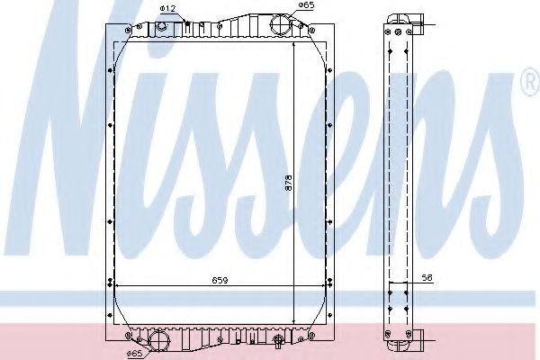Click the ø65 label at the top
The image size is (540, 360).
point(306,5)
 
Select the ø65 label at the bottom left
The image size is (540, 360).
point(134,353)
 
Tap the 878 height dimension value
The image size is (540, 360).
point(289,184)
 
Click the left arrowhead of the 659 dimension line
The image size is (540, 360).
point(121,286)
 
